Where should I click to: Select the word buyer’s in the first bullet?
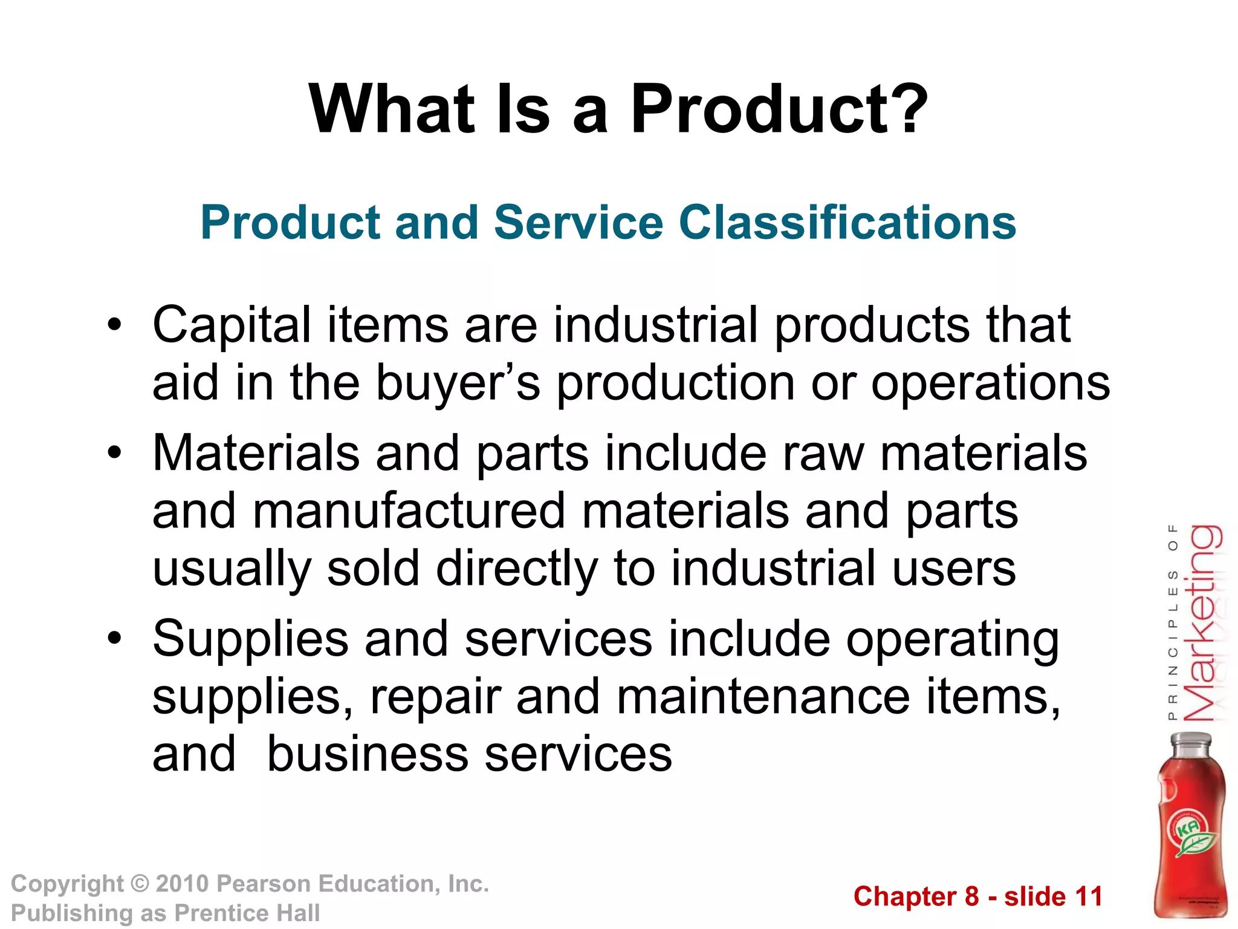coord(458,383)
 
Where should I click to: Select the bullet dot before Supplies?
coord(115,639)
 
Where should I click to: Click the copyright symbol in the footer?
coord(140,884)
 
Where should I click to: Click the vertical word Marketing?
coord(1202,623)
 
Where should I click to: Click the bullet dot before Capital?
coord(115,327)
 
